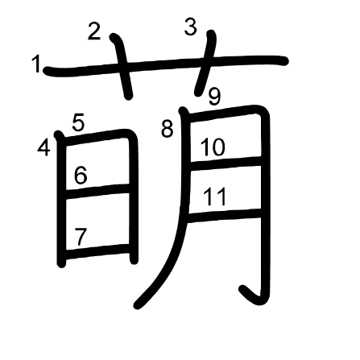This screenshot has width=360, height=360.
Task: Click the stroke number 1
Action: pos(35,64)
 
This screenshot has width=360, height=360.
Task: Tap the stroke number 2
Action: pos(94,31)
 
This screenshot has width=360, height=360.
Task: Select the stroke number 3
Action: pos(191,27)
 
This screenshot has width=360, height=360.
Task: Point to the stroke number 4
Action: pos(43,148)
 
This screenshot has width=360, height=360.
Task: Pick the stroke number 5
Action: pos(78,123)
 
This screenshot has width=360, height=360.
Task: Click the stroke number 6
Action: pos(81,176)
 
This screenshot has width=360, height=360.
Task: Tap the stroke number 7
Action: pos(81,237)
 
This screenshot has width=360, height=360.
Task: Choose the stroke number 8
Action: pos(168,130)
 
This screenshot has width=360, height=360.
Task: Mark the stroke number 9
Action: pos(215,97)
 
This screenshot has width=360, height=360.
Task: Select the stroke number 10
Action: pos(213,147)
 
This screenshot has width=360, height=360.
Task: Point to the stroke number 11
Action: pos(215,197)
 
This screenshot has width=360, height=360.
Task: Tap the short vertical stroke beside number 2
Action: pos(122,66)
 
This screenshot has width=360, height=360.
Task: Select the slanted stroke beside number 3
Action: pos(205,63)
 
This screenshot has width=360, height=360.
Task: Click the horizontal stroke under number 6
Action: pos(98,191)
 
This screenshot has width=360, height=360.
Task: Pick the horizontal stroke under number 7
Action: pos(98,251)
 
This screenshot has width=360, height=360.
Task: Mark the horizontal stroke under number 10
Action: pos(226,162)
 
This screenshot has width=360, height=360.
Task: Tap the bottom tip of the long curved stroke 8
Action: pos(138,305)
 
